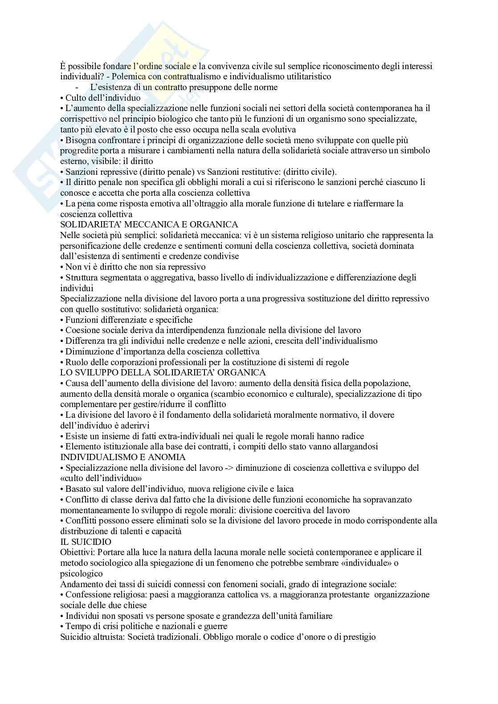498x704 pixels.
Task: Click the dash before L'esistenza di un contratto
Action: tap(78, 87)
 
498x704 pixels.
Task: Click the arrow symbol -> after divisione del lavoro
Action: tap(229, 468)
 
